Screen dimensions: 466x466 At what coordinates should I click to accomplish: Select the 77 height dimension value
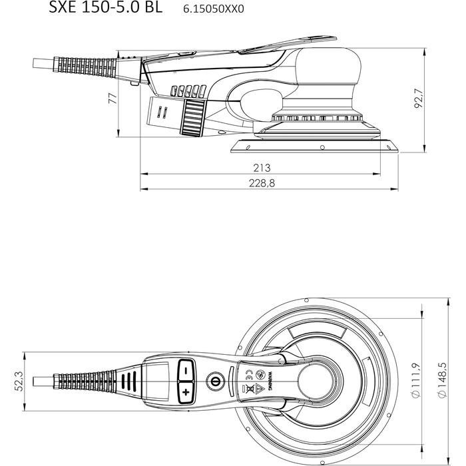coord(113,99)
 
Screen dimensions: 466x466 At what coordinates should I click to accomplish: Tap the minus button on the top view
coord(185,368)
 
